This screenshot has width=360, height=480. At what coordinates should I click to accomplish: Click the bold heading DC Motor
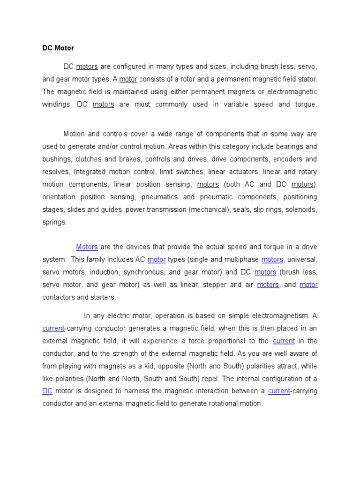(58, 48)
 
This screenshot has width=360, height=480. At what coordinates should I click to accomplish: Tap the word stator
(307, 79)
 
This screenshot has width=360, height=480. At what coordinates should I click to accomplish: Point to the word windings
(56, 105)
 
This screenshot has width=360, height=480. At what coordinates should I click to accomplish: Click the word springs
(54, 222)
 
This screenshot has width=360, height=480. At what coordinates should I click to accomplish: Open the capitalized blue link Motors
(87, 247)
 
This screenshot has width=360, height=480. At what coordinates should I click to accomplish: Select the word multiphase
(240, 260)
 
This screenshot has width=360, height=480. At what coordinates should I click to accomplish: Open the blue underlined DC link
(47, 391)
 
